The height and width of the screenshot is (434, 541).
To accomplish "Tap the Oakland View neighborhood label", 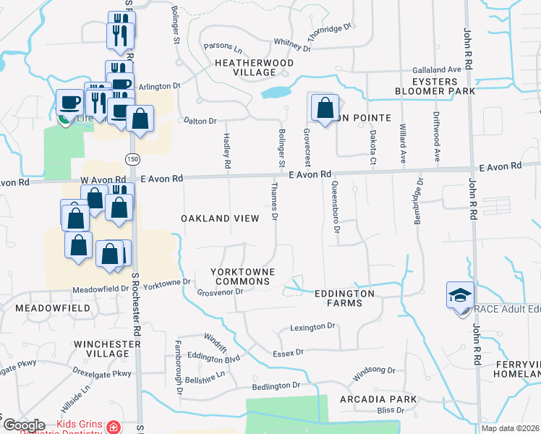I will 219,218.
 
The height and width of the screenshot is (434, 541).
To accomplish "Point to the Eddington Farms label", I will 344,299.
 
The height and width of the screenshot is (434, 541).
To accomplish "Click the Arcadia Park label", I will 381,399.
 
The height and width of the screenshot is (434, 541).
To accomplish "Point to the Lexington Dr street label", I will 313,327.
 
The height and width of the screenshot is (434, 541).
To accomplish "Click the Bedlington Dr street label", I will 276,386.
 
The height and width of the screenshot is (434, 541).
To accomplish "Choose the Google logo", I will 23,425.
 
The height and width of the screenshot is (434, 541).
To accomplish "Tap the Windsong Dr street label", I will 374,374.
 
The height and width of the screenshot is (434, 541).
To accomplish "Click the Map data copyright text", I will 510,428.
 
